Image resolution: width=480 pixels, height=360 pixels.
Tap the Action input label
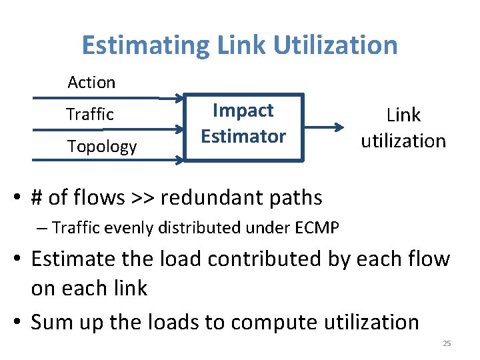click(x=91, y=83)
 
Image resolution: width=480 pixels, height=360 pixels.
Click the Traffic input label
click(x=90, y=115)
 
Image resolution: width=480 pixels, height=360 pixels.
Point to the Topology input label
click(x=101, y=147)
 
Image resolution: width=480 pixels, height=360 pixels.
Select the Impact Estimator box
click(x=243, y=127)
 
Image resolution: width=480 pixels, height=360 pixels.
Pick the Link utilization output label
click(x=403, y=128)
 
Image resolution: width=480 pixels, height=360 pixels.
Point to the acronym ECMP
click(x=315, y=228)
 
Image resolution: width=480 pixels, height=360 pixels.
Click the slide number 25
click(x=447, y=344)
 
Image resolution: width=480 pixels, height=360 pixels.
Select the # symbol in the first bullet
click(x=37, y=198)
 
